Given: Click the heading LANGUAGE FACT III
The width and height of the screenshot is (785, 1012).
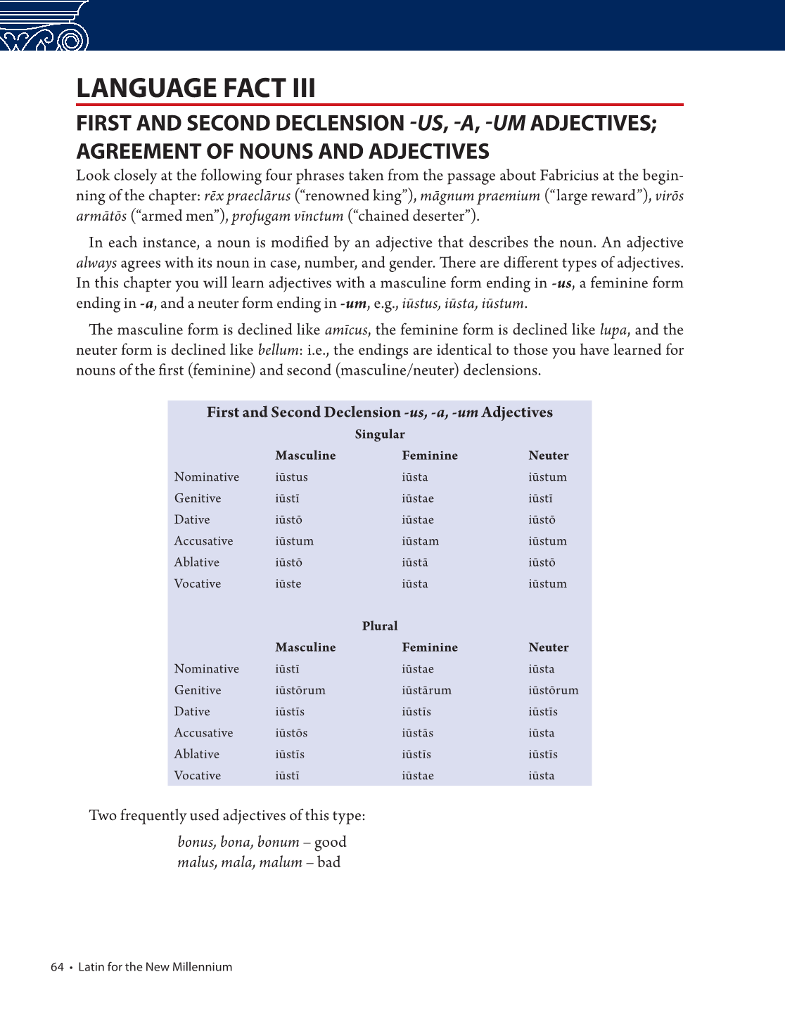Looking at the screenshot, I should (x=196, y=89).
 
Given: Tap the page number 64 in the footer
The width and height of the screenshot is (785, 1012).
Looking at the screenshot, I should (x=57, y=967).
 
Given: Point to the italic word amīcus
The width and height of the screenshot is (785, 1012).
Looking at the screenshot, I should (x=345, y=330).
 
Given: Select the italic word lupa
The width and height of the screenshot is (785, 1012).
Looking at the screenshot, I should (x=613, y=330).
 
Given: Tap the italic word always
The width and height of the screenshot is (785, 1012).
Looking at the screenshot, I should (x=96, y=264).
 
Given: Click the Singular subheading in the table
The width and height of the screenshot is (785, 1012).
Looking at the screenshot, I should (x=380, y=434).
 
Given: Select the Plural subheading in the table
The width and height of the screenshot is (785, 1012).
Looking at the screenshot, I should (x=380, y=626).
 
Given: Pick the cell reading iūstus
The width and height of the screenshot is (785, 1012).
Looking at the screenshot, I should (x=291, y=477).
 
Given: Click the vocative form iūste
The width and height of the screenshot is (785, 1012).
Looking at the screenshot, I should (x=288, y=584).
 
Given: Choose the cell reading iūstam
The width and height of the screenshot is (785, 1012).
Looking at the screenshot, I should (x=420, y=541).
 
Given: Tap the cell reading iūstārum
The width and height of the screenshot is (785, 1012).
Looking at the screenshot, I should (x=426, y=691).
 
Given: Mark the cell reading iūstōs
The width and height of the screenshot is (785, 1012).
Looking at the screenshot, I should (x=291, y=733).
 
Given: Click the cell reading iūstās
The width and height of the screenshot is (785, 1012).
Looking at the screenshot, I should (x=417, y=733).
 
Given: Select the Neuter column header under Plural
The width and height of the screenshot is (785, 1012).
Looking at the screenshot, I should (x=549, y=647).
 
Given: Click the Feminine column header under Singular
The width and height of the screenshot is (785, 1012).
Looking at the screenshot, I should (x=430, y=455).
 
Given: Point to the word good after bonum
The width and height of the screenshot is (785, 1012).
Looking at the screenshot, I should (x=331, y=843).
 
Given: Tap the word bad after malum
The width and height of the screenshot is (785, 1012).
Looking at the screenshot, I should (x=329, y=863).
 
